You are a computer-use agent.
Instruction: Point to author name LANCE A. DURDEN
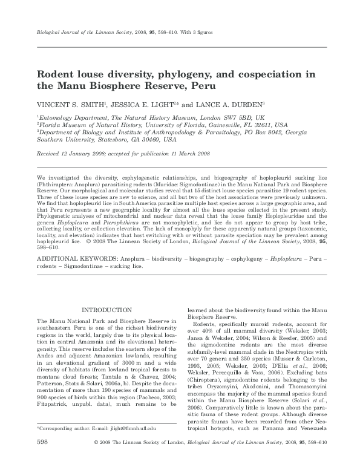(224, 103)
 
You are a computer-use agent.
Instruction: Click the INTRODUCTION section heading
(106, 310)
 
